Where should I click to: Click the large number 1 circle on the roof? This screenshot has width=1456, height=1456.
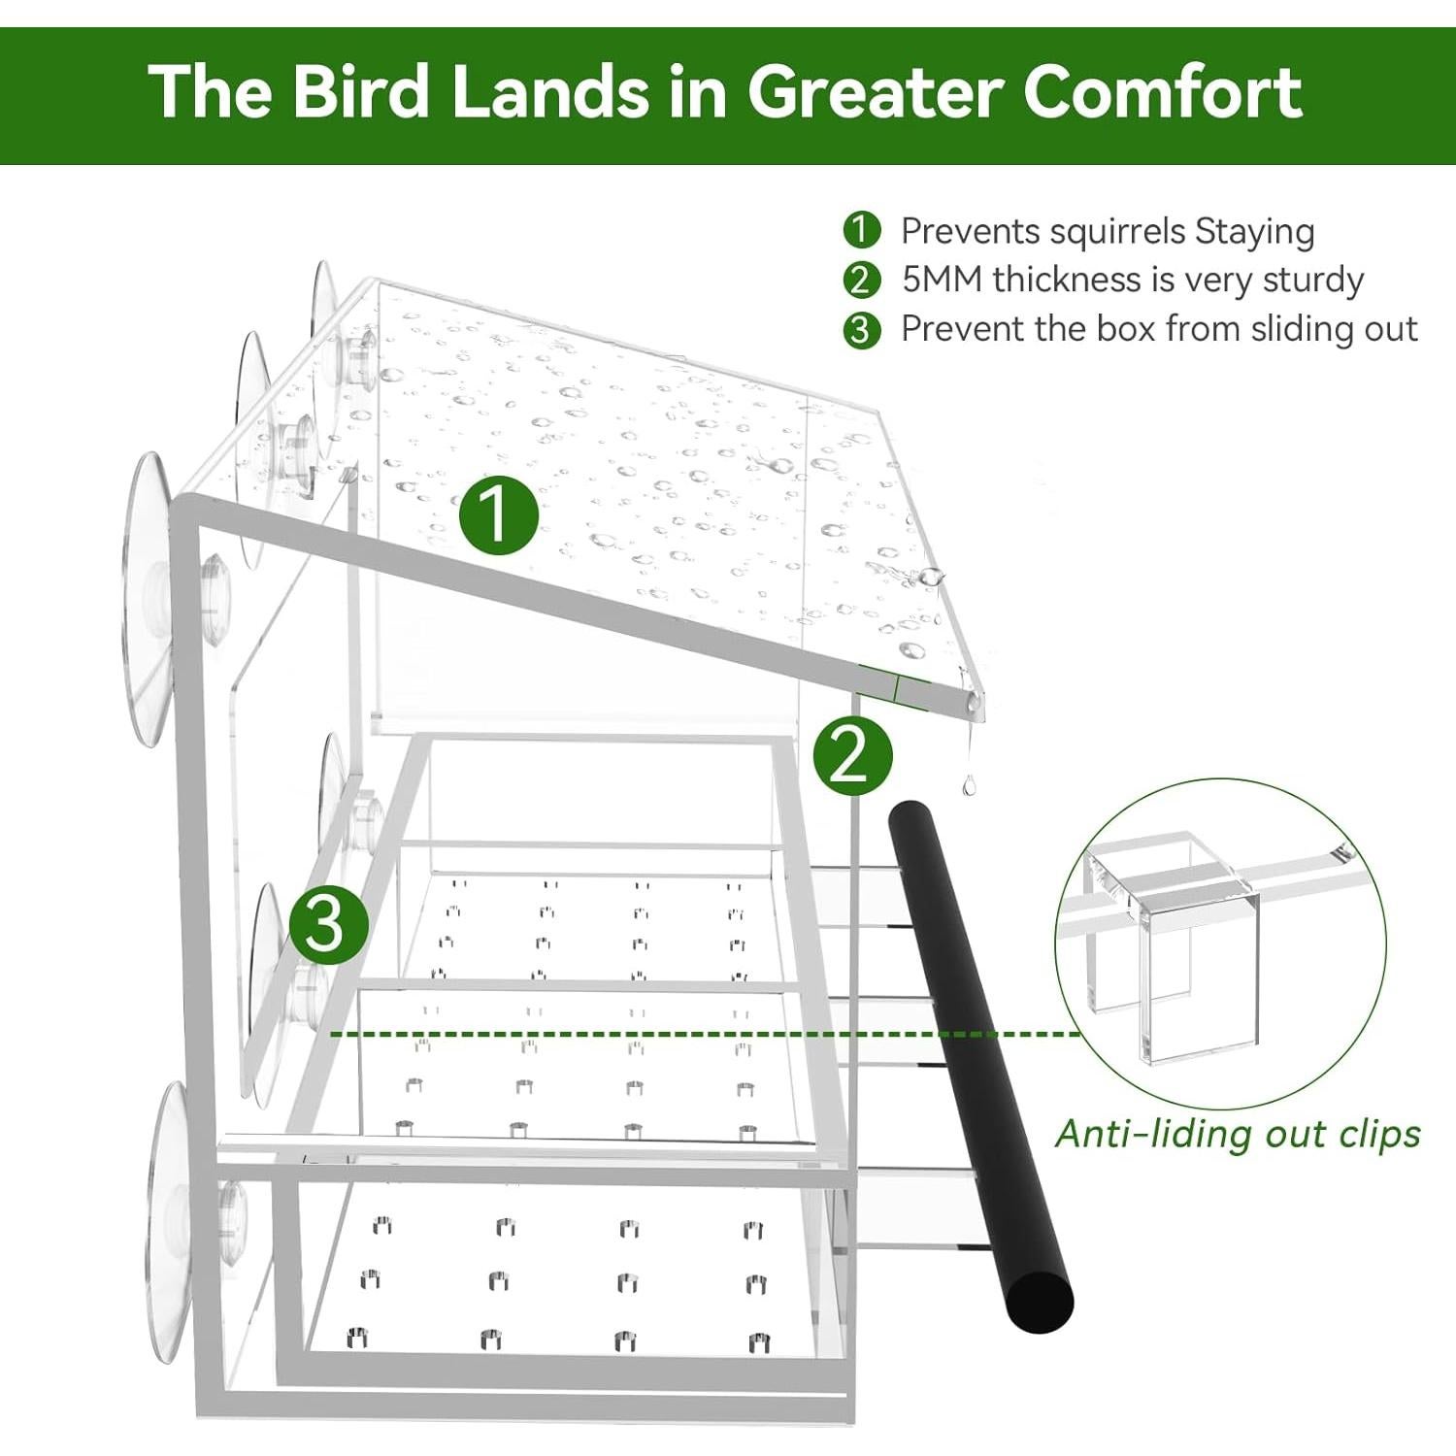tap(498, 513)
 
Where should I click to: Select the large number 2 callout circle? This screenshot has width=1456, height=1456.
tap(851, 756)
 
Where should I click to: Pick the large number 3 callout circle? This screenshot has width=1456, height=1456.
tap(328, 924)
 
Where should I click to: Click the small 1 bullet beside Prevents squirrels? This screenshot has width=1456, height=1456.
tap(861, 231)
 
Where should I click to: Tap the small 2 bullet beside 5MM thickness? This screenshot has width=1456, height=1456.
tap(861, 281)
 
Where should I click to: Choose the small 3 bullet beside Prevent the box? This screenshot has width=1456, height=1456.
tap(861, 330)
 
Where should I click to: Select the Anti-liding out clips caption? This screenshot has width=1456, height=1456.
tap(1238, 1134)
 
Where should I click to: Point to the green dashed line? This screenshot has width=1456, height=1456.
tap(679, 1034)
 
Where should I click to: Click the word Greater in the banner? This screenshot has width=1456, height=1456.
tap(874, 92)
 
